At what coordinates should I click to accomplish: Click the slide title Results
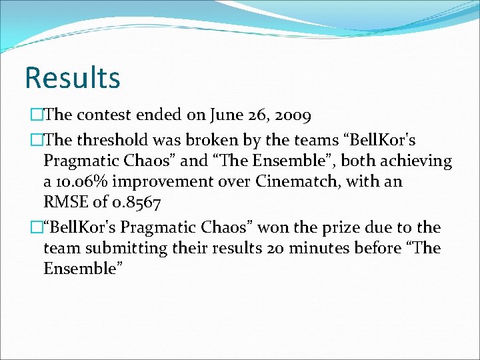click(x=72, y=77)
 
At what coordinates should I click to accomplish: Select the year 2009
click(x=288, y=115)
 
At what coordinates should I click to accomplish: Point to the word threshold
click(x=113, y=139)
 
